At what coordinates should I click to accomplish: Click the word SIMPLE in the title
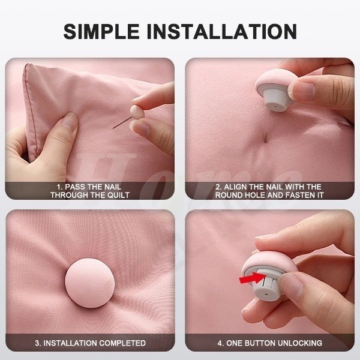[x=101, y=31]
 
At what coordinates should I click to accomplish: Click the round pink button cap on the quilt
[x=89, y=283]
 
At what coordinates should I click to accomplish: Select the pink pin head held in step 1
[x=136, y=112]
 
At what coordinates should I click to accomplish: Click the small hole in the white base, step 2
[x=275, y=107]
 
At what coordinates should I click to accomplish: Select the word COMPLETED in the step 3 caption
[x=122, y=343]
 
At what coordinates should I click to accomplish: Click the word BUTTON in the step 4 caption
[x=260, y=343]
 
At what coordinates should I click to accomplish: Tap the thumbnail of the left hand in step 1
[x=68, y=120]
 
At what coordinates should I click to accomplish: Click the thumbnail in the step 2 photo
[x=304, y=90]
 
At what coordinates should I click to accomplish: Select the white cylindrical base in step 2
[x=275, y=100]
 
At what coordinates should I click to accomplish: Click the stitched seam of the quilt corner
[x=31, y=110]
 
